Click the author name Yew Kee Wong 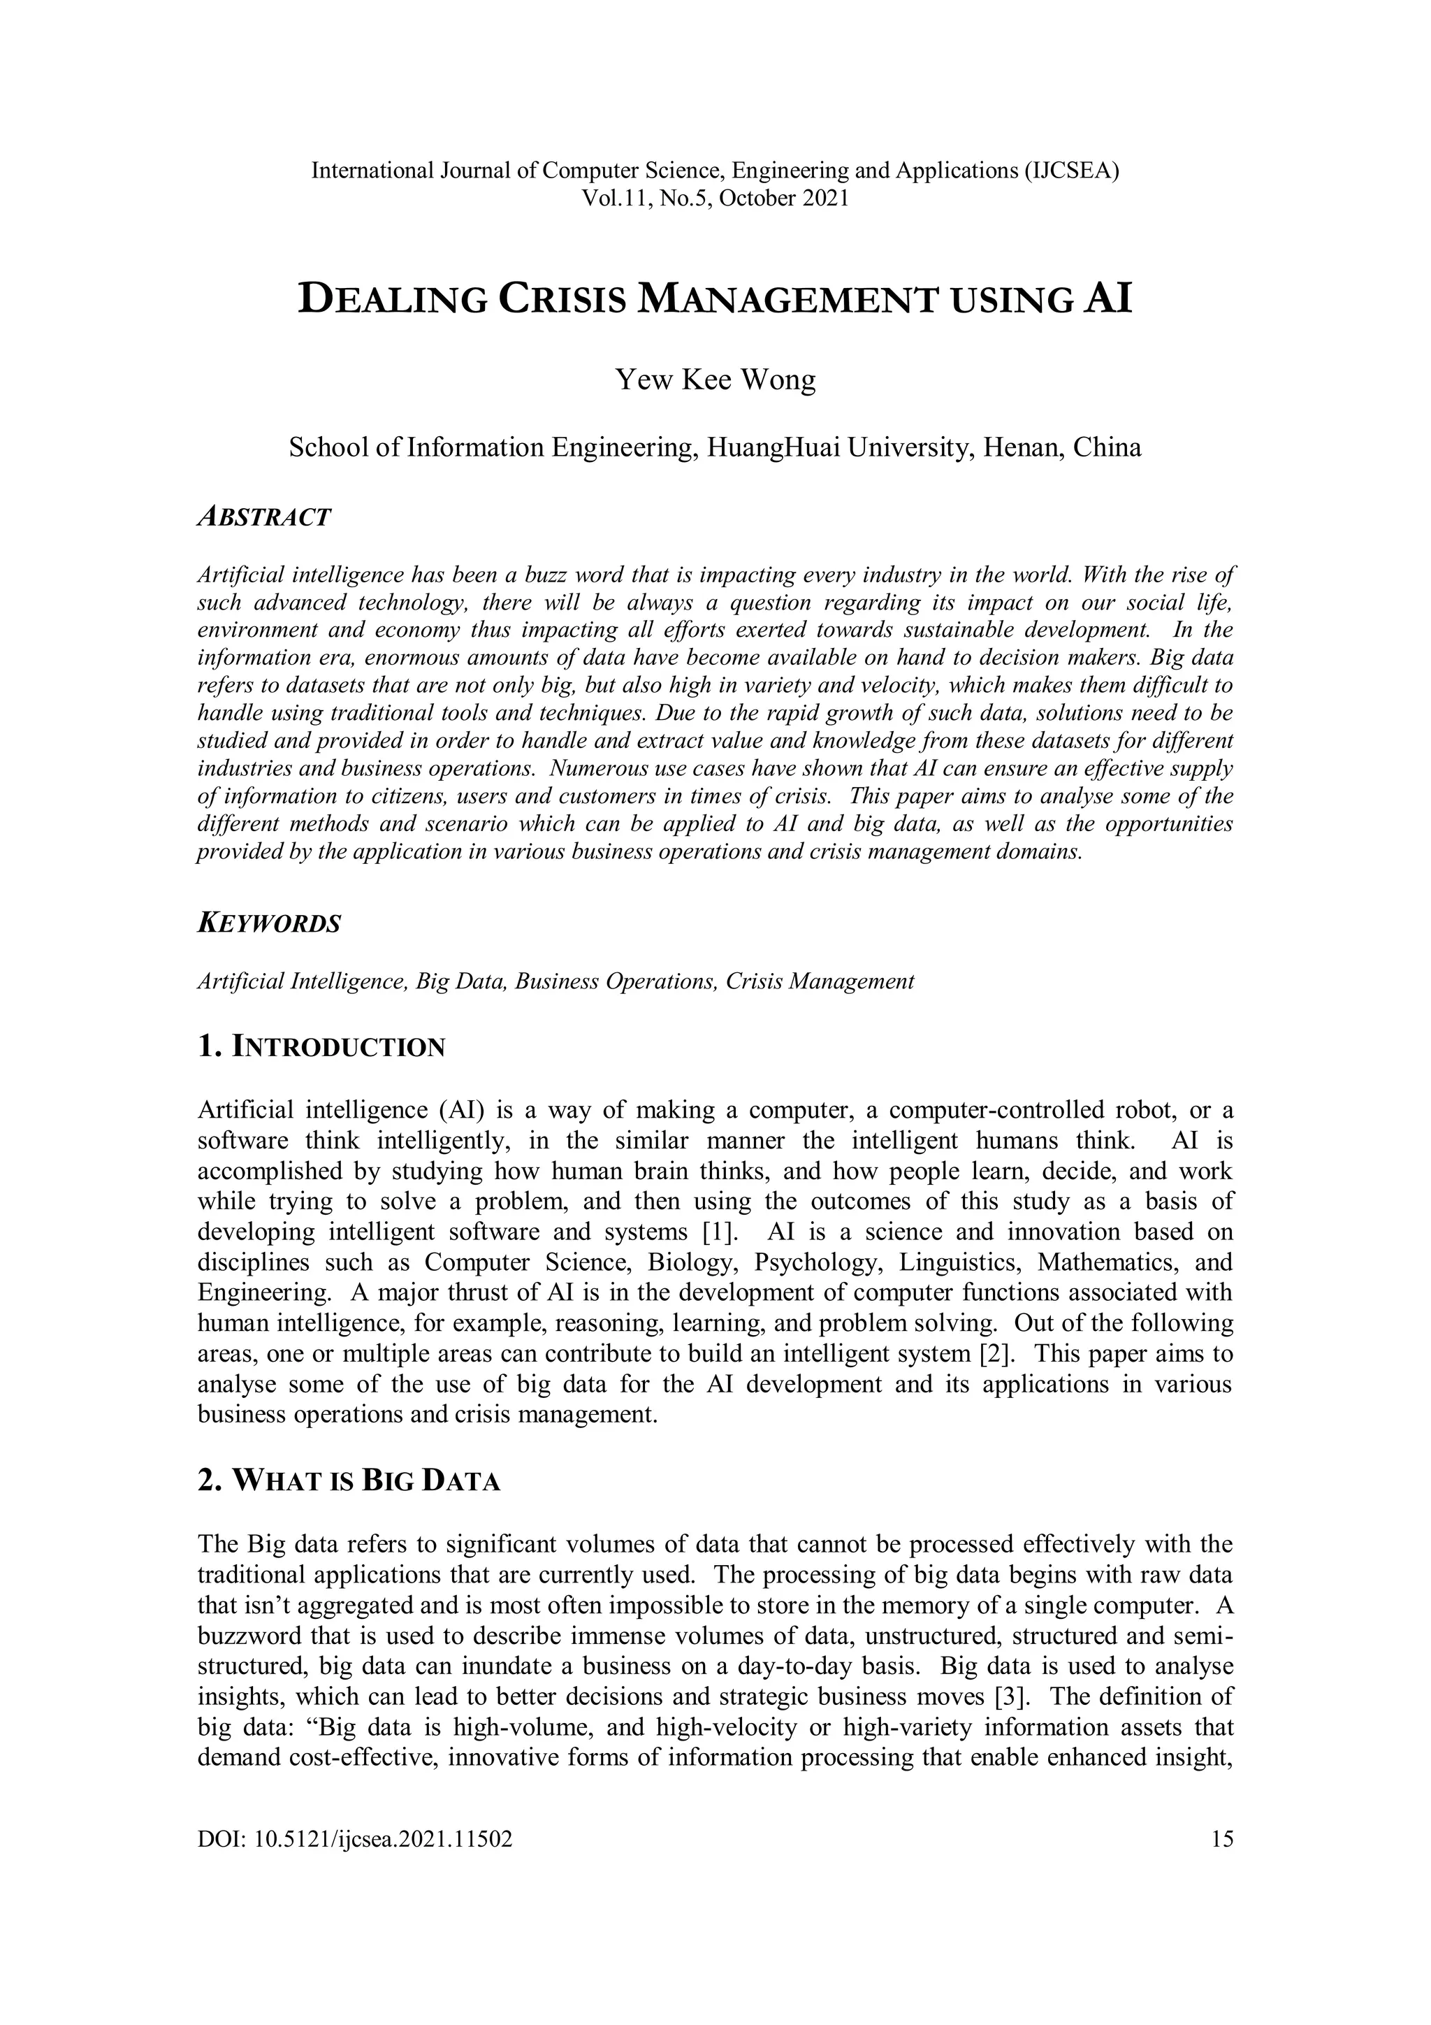pyautogui.click(x=715, y=380)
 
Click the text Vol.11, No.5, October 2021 pyautogui.click(x=715, y=199)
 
